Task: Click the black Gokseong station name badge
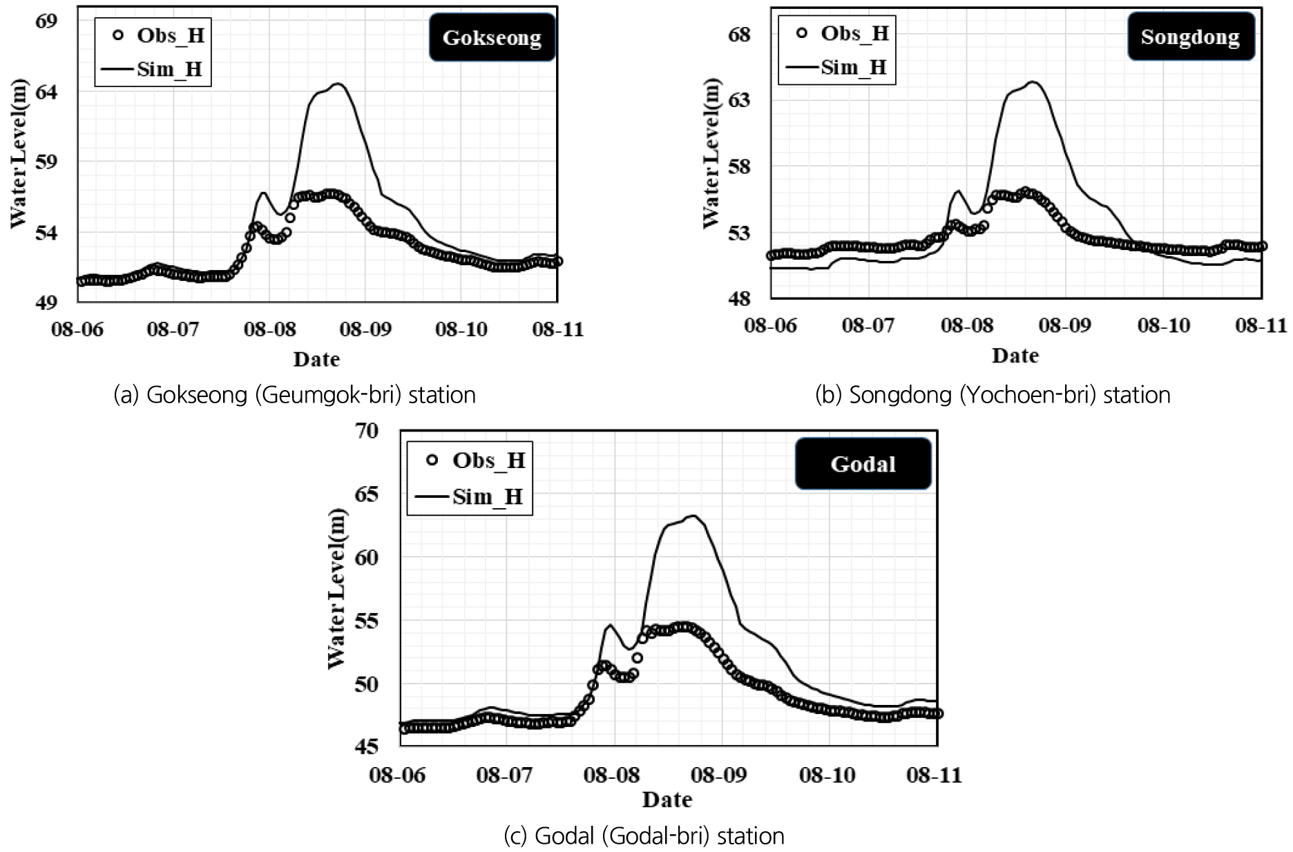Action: click(492, 37)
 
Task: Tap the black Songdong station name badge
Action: click(1190, 37)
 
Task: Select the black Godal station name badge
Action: click(863, 464)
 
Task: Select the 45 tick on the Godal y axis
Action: click(368, 746)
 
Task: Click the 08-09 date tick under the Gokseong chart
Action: click(365, 329)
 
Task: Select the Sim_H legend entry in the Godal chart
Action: click(470, 496)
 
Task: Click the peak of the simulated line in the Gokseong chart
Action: click(338, 84)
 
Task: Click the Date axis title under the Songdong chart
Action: click(1015, 356)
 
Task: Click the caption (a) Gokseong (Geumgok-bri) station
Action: click(294, 395)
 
